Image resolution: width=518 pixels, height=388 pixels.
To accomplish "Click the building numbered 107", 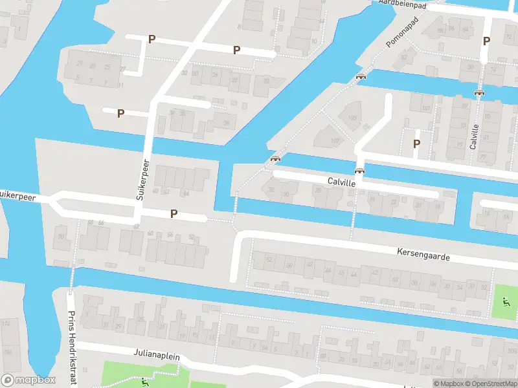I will (335, 141).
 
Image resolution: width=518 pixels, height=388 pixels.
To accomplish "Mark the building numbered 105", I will (352, 118).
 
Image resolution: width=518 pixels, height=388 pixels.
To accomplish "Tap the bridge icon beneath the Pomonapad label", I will (361, 76).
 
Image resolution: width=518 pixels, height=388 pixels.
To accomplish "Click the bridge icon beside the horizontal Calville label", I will (359, 171).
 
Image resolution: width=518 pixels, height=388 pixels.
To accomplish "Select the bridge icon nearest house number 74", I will (479, 92).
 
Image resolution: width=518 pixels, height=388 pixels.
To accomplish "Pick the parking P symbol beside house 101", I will (417, 144).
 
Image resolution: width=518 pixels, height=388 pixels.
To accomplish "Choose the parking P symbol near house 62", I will (174, 213).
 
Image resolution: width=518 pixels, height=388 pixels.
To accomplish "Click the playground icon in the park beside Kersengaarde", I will (504, 301).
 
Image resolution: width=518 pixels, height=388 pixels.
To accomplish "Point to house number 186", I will (8, 352).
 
